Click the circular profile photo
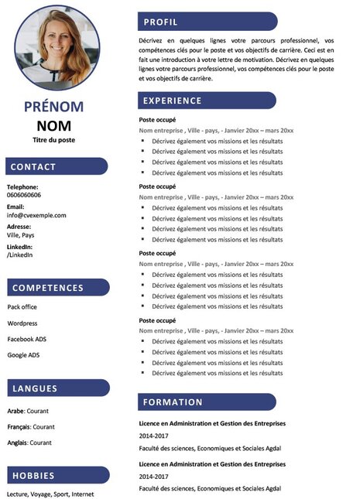click(x=57, y=47)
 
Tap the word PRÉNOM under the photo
click(x=53, y=107)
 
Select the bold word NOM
click(x=53, y=125)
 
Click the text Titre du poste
click(x=53, y=140)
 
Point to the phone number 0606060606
click(x=24, y=195)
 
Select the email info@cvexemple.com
click(x=36, y=215)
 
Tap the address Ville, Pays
click(x=21, y=234)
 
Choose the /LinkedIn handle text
click(x=20, y=255)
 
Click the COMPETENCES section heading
click(x=48, y=288)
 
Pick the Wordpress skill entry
click(x=22, y=323)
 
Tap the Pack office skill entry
click(x=22, y=307)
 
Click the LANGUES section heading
click(x=35, y=388)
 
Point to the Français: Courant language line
click(x=31, y=426)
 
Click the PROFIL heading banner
click(x=160, y=22)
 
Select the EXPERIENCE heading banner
click(x=172, y=101)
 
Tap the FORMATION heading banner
click(x=173, y=402)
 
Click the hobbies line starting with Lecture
click(x=50, y=494)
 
